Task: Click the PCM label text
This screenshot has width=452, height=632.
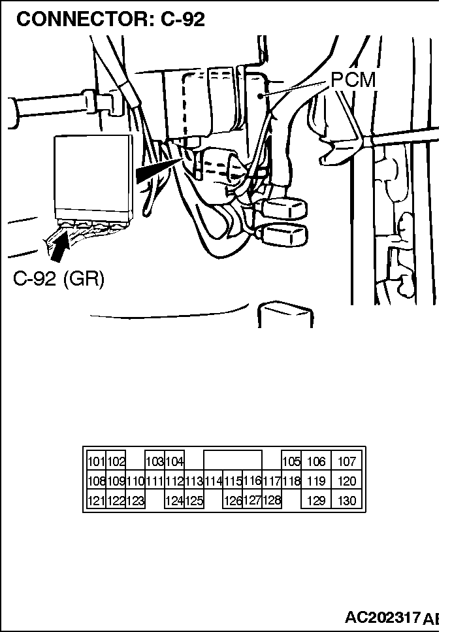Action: point(353,80)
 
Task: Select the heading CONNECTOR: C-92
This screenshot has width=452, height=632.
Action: point(110,19)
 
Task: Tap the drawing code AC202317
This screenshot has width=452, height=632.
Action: point(382,618)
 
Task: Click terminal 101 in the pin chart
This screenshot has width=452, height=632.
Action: point(96,462)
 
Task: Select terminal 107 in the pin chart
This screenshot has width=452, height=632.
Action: point(347,462)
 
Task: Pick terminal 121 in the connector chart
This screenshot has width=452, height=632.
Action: point(96,501)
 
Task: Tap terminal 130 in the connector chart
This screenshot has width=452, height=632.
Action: point(347,501)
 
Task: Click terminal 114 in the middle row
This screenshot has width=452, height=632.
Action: point(213,482)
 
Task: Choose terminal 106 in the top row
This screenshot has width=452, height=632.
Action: point(316,462)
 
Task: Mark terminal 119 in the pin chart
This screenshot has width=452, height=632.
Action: point(316,482)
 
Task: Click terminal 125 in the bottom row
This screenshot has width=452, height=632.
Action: point(194,501)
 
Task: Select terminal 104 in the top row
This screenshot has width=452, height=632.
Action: point(174,462)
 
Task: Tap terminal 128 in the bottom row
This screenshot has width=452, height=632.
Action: point(271,501)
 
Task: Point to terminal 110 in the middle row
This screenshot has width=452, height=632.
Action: point(135,482)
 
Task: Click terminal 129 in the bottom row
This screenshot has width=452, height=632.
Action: point(316,501)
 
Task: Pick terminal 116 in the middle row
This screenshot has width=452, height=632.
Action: point(252,481)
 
